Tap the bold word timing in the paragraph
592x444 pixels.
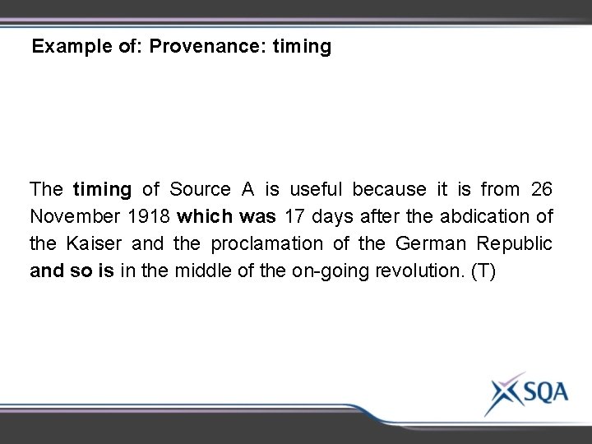coord(102,189)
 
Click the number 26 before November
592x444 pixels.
coord(541,189)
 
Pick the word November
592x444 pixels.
coord(72,217)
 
